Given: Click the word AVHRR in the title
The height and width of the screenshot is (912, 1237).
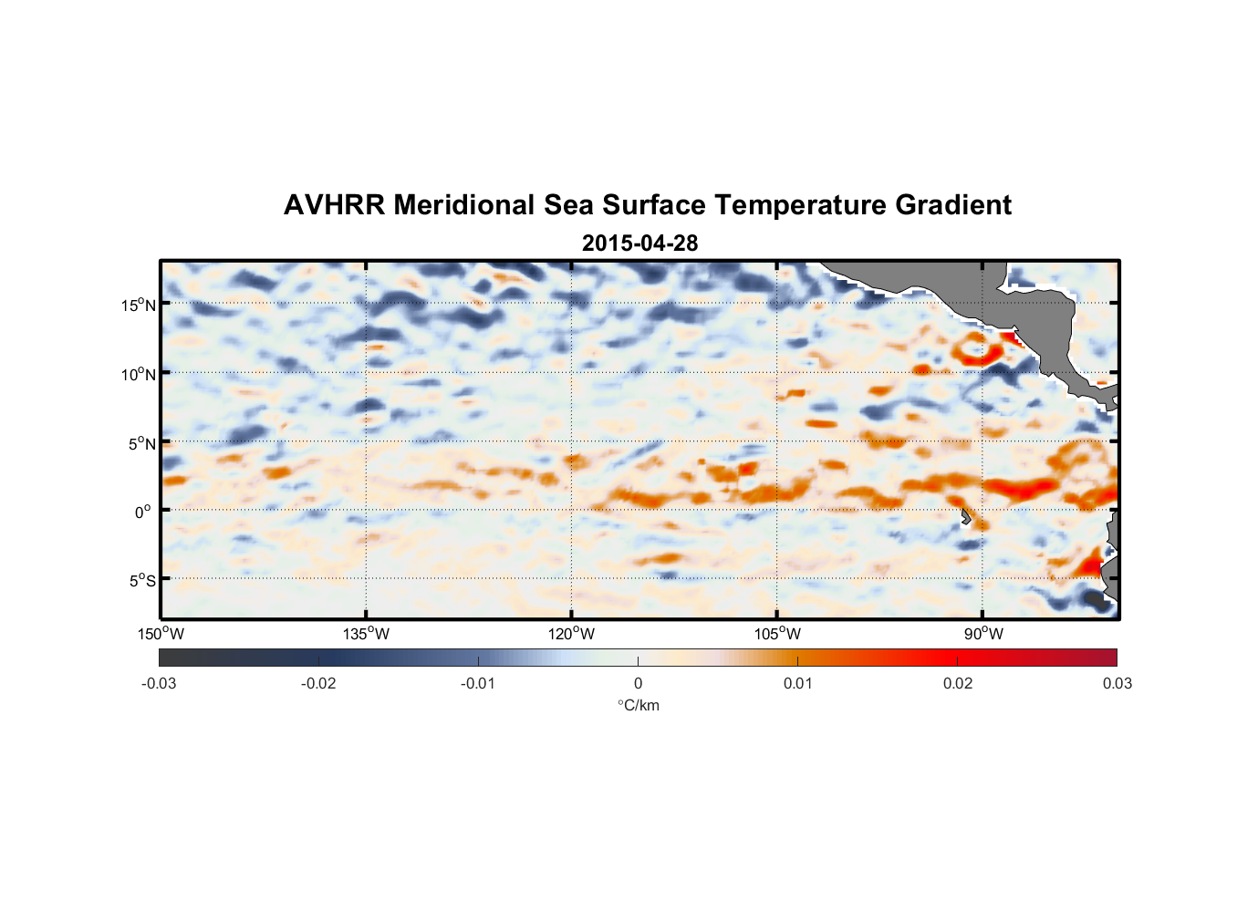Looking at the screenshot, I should [x=334, y=205].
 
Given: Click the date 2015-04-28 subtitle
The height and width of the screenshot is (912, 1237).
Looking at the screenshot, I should [x=639, y=244].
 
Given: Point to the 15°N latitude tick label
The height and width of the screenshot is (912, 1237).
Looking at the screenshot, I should [x=139, y=305].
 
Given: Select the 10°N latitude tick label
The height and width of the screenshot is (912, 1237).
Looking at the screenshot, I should [x=139, y=374].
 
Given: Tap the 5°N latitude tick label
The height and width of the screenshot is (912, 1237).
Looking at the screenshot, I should [x=141, y=444].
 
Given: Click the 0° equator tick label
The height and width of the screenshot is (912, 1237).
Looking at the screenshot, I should [x=143, y=513].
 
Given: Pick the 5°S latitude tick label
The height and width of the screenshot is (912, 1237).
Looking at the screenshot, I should [x=141, y=581].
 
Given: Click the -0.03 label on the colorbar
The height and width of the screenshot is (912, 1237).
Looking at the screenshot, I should [x=159, y=684].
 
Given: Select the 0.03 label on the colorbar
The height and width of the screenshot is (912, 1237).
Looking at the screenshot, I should [x=1117, y=684].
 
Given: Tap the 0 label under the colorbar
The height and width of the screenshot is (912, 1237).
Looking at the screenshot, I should [x=638, y=684].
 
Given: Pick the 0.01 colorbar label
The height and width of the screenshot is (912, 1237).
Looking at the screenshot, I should [x=797, y=684].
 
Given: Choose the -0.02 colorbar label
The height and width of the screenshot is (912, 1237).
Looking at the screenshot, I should [x=318, y=684].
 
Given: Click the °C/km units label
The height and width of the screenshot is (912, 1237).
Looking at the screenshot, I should [x=638, y=705].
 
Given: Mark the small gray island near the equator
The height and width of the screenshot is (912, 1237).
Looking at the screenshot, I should [x=965, y=517].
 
